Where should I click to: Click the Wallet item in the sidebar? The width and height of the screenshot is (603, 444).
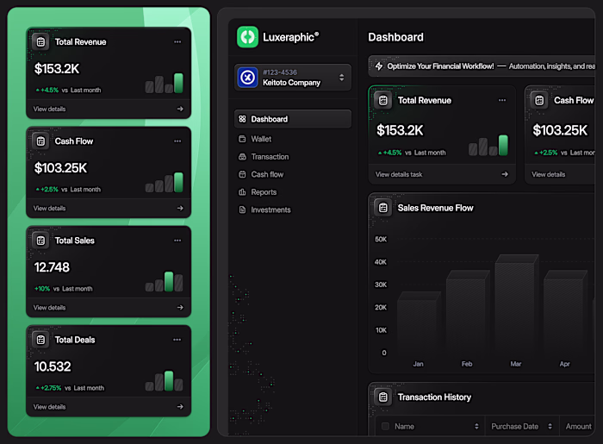(261, 138)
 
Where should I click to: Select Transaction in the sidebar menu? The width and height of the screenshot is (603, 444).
(270, 157)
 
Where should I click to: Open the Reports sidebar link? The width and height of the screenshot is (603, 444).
(264, 192)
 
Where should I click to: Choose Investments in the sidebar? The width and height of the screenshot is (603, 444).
(270, 209)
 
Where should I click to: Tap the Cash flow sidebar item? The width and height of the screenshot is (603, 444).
(267, 174)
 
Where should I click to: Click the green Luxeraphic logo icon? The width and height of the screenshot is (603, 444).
(248, 36)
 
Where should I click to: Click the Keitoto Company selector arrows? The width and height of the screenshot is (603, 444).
(341, 78)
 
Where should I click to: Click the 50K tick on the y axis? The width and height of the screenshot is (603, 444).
(380, 239)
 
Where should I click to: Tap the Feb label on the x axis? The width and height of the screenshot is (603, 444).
(467, 364)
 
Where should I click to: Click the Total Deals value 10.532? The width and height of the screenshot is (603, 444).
(53, 366)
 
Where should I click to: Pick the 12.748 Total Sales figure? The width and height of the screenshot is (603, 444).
(52, 267)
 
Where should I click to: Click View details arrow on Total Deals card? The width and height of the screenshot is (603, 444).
(180, 407)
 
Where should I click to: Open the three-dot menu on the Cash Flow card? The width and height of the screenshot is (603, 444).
(177, 141)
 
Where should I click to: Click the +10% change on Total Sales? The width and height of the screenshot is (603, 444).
(41, 289)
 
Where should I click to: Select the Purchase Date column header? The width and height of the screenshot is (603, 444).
(514, 426)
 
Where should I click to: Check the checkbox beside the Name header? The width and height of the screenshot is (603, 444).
(385, 426)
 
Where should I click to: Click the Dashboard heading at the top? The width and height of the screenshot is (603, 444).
(395, 37)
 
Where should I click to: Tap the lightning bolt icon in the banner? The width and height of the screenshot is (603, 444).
(379, 66)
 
